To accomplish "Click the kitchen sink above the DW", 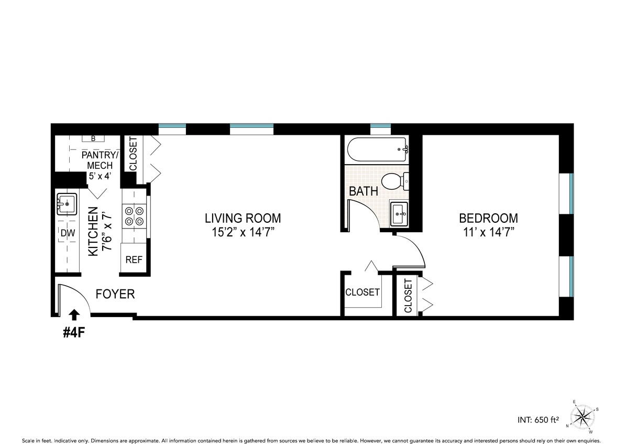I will [x=67, y=203].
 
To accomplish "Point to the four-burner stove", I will [x=133, y=215].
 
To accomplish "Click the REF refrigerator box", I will [x=134, y=259].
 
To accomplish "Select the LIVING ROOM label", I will [x=243, y=218].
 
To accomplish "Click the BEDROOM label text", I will [x=488, y=218].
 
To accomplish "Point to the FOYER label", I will [x=115, y=294].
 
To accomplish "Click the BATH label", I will [x=364, y=191].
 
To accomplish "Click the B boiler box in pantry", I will [x=93, y=139].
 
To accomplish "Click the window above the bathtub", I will [x=380, y=126].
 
